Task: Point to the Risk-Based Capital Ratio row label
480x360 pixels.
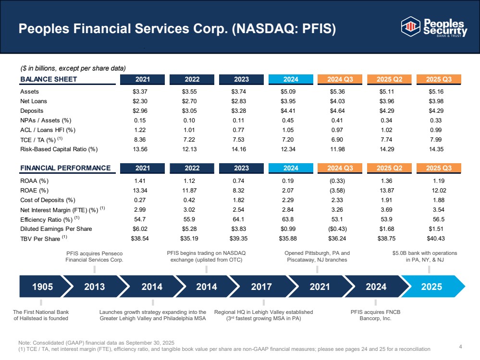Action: click(59, 149)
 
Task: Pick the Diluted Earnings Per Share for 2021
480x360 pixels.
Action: click(139, 228)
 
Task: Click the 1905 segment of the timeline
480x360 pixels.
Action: click(42, 287)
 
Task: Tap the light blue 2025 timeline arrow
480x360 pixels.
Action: click(431, 287)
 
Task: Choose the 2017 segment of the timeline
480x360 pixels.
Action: click(261, 287)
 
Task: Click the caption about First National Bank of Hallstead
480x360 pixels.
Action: click(41, 315)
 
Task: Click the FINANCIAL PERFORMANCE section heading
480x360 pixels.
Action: click(65, 168)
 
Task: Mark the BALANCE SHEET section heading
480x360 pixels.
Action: click(49, 79)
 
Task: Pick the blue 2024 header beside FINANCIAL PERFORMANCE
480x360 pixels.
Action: click(291, 168)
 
